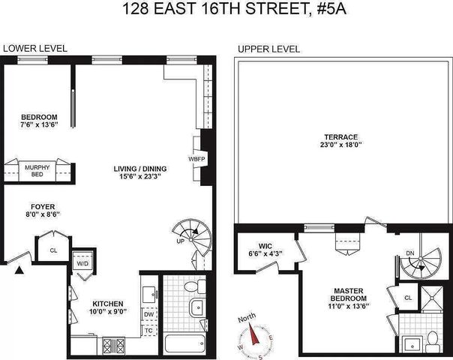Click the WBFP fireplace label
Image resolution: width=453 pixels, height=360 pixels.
(x=196, y=159)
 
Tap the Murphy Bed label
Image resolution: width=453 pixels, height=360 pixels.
(x=37, y=171)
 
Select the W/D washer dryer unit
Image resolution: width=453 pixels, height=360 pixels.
(x=82, y=263)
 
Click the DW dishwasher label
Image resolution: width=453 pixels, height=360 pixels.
(x=148, y=314)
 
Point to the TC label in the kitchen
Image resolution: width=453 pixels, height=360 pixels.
(x=148, y=330)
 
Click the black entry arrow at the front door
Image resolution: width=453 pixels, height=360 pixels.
(x=19, y=270)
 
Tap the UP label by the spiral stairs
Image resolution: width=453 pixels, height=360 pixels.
(x=180, y=241)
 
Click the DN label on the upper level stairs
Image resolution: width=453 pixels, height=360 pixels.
(x=410, y=253)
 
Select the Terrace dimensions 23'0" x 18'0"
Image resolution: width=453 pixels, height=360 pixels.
(x=341, y=145)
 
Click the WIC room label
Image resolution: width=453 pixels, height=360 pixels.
(x=265, y=246)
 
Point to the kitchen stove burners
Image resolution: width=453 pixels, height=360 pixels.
(x=113, y=346)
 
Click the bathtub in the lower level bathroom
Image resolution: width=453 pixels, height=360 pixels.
(x=184, y=343)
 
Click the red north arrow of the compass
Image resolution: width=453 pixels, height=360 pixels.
(x=254, y=334)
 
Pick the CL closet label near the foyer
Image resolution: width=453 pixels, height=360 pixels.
(x=53, y=250)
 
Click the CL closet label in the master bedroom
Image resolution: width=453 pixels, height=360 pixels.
(x=408, y=298)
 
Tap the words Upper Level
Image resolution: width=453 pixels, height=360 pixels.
(x=268, y=49)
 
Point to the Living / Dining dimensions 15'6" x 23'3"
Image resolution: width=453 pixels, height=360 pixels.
(x=140, y=176)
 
